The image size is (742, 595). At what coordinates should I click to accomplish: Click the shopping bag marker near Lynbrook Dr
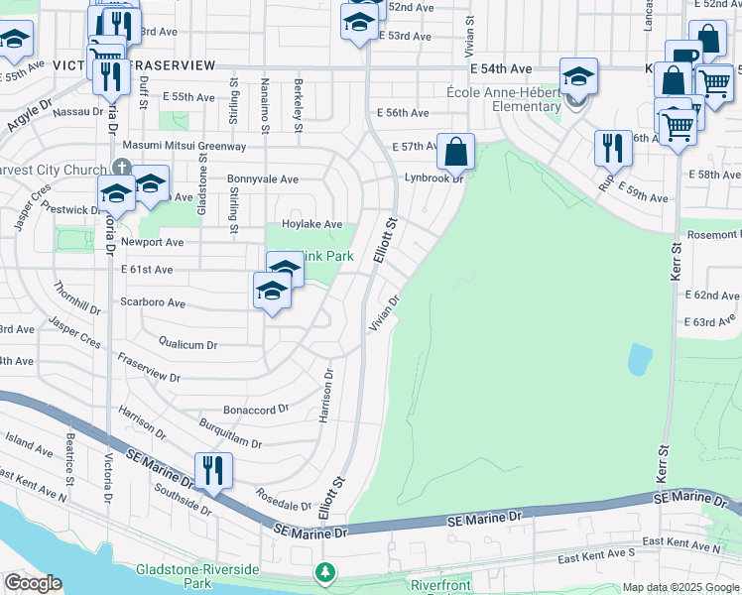point(455,152)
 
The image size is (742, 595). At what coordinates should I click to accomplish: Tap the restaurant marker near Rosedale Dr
point(213,470)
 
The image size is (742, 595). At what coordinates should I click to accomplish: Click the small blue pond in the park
point(640,358)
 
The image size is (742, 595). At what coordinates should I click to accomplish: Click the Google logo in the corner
point(33,583)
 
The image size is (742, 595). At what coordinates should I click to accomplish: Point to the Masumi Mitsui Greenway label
point(184,146)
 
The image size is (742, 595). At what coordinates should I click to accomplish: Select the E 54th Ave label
point(502,68)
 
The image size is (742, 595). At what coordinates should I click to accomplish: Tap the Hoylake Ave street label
point(311,225)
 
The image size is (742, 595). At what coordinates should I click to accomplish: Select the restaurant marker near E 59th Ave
point(612,149)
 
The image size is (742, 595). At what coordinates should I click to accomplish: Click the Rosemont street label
point(711,234)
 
